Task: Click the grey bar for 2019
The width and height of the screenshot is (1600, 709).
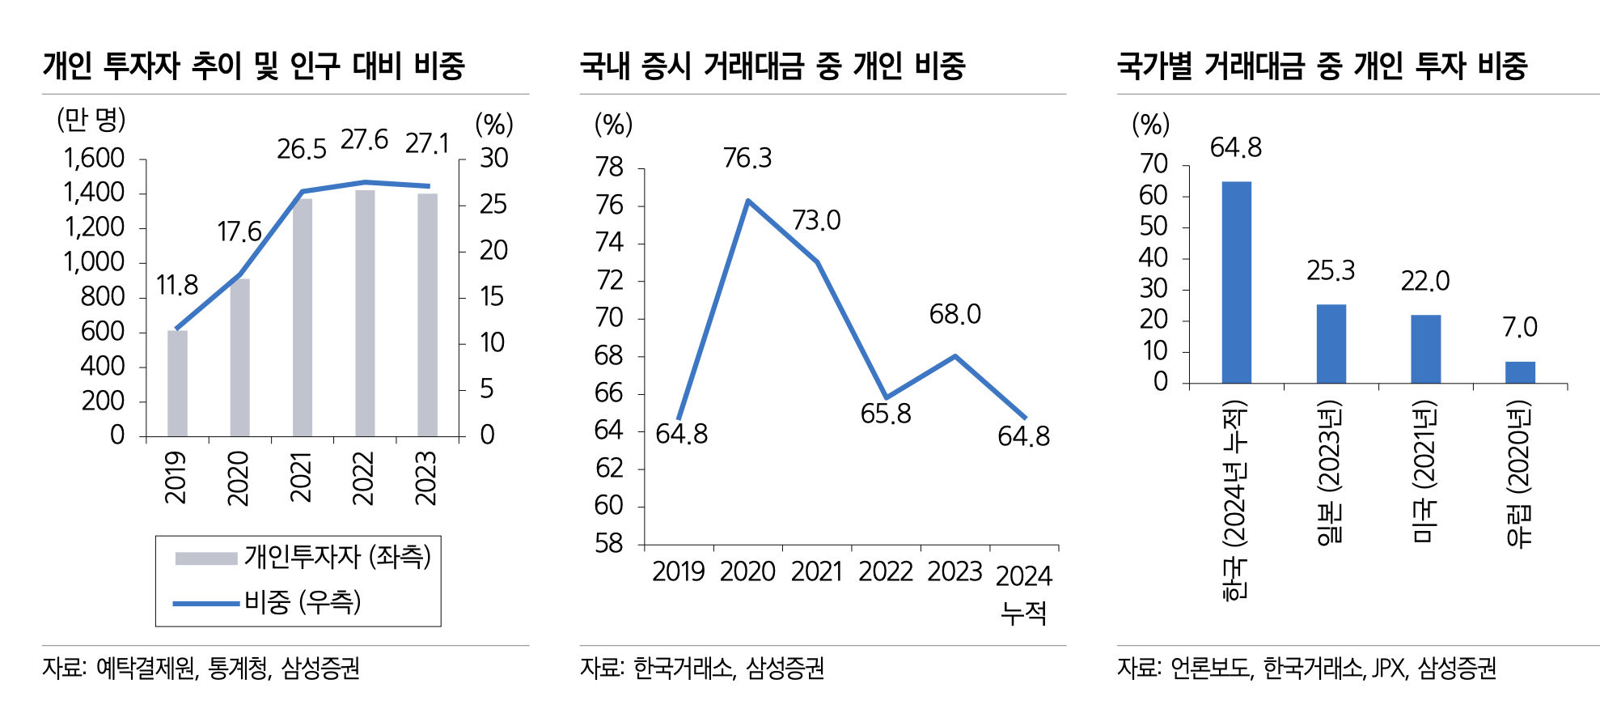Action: (177, 384)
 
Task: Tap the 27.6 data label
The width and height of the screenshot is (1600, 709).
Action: (364, 140)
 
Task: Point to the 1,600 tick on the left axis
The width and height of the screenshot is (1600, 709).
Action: (95, 159)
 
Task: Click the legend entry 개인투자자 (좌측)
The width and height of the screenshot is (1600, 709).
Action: (337, 557)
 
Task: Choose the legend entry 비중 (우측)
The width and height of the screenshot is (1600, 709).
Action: (303, 602)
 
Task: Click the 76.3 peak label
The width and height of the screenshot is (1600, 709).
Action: (747, 159)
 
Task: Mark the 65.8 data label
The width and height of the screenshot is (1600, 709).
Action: (886, 414)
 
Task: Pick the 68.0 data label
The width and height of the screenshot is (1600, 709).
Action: (954, 315)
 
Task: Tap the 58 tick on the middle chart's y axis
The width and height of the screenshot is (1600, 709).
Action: (609, 544)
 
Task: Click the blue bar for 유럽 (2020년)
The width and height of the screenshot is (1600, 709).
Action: (1520, 372)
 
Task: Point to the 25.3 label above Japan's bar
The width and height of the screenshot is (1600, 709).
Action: (1331, 271)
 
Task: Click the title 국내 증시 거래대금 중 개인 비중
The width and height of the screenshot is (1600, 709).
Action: (772, 66)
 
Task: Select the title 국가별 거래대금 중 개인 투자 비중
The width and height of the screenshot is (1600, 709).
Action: (1322, 66)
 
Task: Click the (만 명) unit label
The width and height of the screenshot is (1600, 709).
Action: (91, 121)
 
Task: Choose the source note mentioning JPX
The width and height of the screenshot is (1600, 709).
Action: (1306, 669)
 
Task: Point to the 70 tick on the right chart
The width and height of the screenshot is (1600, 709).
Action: (1153, 164)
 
